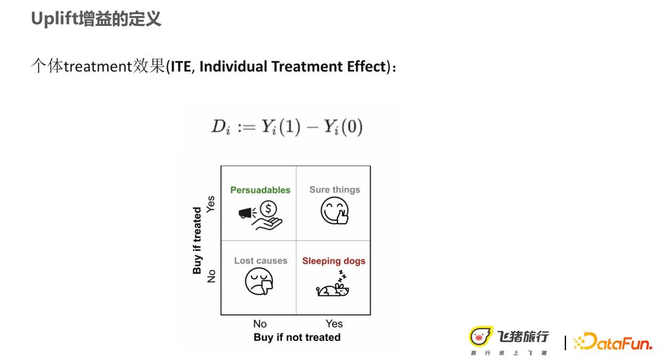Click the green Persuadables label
point(260,190)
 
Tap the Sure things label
point(335,190)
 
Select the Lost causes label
point(261,261)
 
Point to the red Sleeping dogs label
point(334,261)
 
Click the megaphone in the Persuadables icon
point(246,212)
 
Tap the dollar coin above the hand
point(268,209)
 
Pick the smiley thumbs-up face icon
point(335,211)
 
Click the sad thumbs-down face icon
point(259,282)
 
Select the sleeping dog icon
point(332,284)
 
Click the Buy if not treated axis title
point(297,337)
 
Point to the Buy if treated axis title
point(197,240)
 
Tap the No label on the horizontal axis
point(260,324)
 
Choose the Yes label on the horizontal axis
point(334,324)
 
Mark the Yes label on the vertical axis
point(211,204)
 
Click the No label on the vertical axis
point(211,276)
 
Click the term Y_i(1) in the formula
point(281,126)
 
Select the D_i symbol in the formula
point(221,127)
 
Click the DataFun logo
point(612,342)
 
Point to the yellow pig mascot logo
point(480,337)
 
